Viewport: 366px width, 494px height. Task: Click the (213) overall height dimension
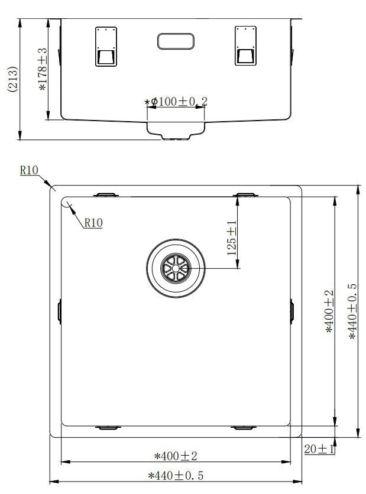[x=13, y=79]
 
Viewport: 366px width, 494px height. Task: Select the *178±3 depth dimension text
[x=43, y=69]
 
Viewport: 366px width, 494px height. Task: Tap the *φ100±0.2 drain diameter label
[x=176, y=102]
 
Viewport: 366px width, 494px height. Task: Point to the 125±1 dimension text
[x=232, y=238]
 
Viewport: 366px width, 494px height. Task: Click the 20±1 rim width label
[x=319, y=449]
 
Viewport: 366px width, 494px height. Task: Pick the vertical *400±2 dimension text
[x=329, y=311]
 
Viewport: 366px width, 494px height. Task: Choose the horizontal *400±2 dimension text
[x=176, y=456]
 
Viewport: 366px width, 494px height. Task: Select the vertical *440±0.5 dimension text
[x=353, y=311]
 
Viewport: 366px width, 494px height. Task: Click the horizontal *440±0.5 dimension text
[x=176, y=476]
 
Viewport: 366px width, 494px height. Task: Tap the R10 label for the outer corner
[x=29, y=170]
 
